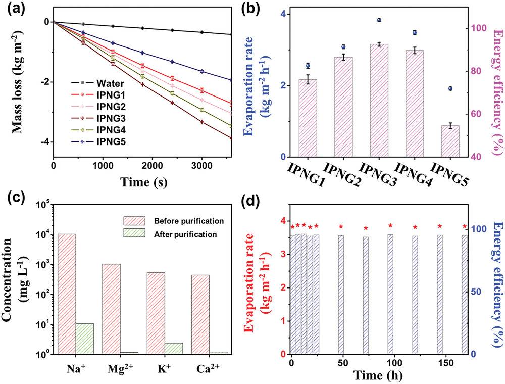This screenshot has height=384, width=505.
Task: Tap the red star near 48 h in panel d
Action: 341,227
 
